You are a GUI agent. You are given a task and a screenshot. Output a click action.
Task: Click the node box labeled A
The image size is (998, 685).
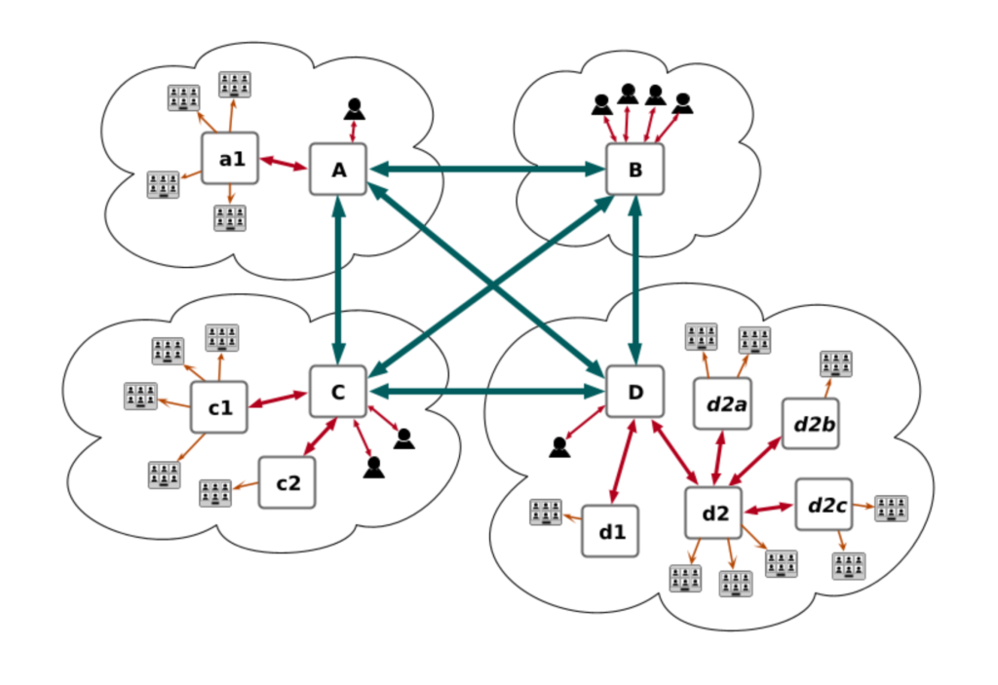338,170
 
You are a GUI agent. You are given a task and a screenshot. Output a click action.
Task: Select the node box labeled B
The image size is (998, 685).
634,170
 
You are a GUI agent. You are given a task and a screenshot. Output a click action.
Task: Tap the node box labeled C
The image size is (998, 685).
338,392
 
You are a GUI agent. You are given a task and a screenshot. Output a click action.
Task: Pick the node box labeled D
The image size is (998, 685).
634,392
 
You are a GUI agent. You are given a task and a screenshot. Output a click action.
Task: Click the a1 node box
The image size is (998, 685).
230,158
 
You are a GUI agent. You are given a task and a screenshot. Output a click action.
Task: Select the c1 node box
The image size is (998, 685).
219,406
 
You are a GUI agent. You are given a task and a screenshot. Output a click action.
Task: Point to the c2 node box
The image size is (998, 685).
287,482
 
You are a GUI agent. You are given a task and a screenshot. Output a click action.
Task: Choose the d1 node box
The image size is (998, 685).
610,531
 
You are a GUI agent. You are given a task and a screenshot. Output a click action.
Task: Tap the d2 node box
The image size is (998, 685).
713,512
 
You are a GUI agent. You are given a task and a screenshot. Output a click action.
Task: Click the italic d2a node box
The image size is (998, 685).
722,401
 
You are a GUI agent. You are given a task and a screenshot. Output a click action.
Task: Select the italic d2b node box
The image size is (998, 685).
810,423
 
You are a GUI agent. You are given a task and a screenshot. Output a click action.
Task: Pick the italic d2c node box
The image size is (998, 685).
824,505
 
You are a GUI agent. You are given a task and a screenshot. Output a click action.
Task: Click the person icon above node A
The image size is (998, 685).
353,108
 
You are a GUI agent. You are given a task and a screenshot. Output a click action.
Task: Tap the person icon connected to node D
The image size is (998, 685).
559,447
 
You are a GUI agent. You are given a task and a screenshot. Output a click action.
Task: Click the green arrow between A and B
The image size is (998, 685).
487,170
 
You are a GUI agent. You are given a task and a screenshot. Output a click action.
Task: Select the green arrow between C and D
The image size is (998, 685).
487,392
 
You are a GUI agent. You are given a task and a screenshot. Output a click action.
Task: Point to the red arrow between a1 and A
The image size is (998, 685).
284,164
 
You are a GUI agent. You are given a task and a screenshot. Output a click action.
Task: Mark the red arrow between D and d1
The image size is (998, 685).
623,462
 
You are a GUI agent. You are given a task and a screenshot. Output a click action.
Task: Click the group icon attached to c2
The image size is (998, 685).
215,493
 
